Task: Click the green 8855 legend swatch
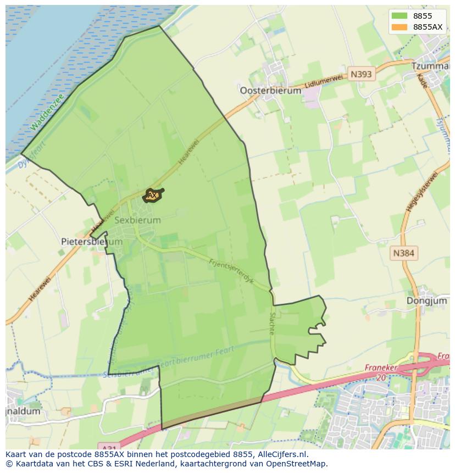(x=399, y=16)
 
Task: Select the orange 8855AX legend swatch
(x=399, y=27)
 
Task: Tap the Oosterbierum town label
(x=270, y=91)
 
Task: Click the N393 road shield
(x=361, y=74)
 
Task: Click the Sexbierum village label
(x=138, y=220)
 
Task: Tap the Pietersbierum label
(x=84, y=241)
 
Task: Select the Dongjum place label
(x=426, y=301)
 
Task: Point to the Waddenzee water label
(x=47, y=112)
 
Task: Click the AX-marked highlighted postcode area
(x=153, y=195)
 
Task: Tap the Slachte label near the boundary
(x=271, y=324)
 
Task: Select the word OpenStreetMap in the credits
(x=295, y=464)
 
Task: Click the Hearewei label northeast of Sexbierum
(x=188, y=154)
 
